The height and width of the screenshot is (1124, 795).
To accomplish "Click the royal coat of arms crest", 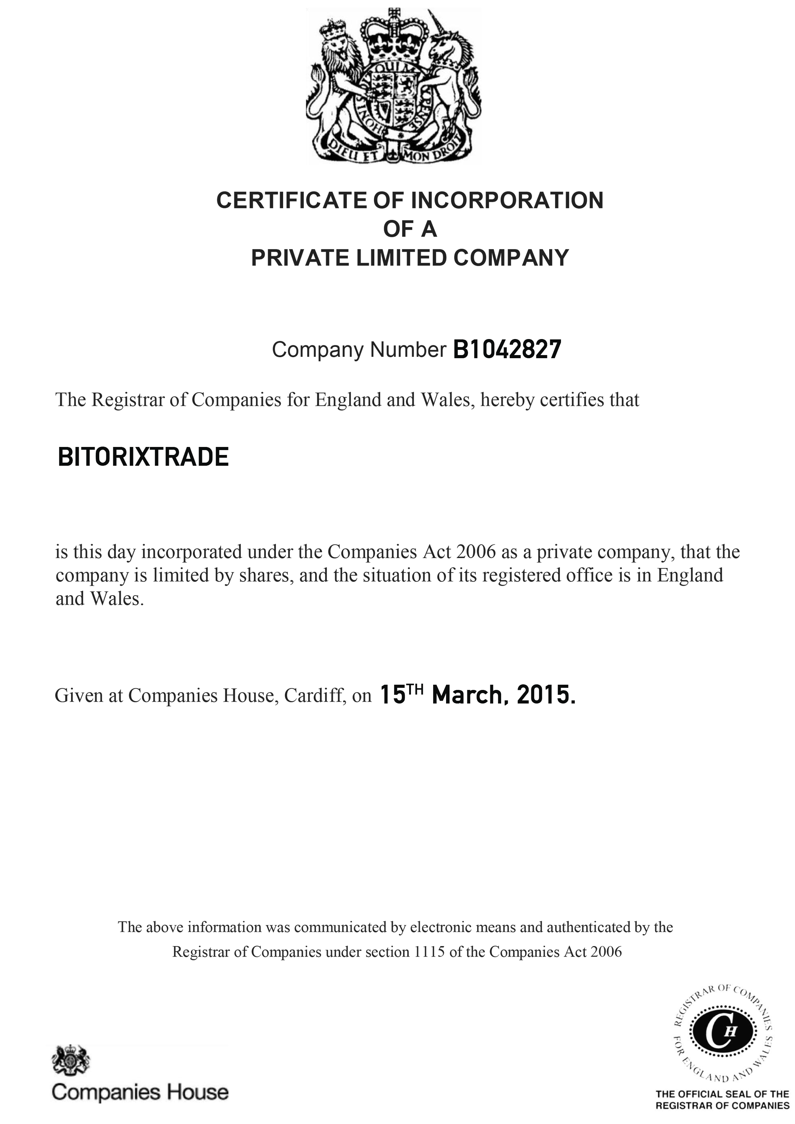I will click(x=393, y=86).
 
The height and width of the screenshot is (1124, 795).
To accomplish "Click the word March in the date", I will click(x=466, y=695).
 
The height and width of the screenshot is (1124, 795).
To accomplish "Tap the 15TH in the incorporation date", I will click(x=401, y=694).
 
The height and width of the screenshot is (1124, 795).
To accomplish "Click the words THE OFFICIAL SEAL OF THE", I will click(x=722, y=1094).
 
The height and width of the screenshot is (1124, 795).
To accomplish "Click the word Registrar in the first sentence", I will click(x=119, y=400).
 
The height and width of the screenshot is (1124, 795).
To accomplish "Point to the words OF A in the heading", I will click(x=410, y=229).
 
